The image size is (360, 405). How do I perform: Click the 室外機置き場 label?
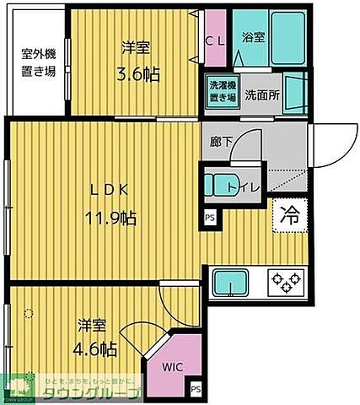39,63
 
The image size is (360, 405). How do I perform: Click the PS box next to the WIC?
196,389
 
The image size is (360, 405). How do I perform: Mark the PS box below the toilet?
208,217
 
